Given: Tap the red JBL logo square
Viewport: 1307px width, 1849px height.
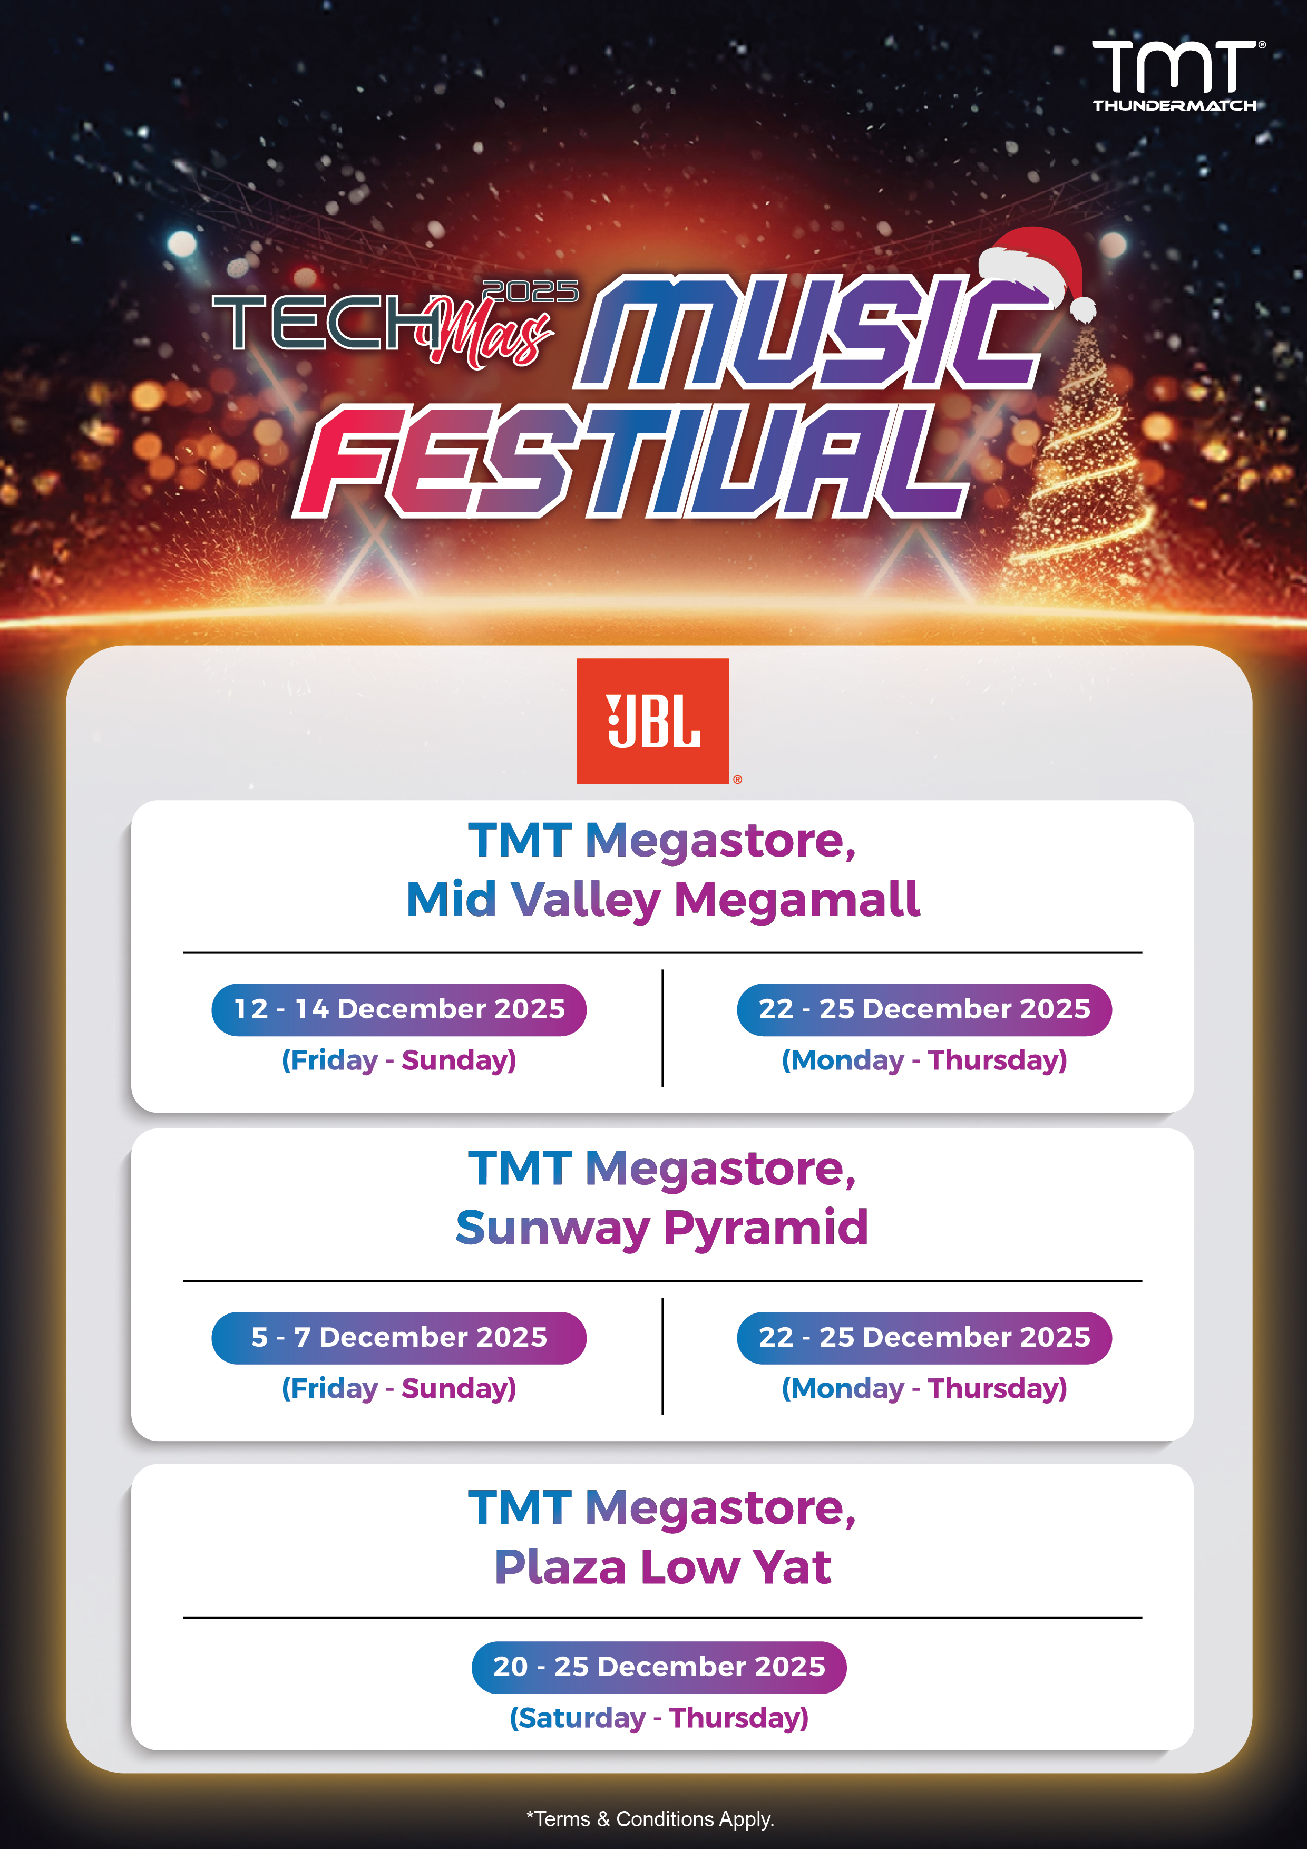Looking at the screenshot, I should [x=652, y=721].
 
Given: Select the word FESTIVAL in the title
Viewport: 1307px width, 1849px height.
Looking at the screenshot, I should [x=633, y=463].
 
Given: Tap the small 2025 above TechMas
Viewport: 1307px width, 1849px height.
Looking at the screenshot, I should [x=530, y=291].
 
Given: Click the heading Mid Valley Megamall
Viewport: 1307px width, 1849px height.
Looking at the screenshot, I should [x=662, y=900].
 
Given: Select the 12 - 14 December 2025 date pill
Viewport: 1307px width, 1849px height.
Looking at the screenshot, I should [x=398, y=1009].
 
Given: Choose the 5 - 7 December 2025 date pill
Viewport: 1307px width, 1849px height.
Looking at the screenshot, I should [x=398, y=1338].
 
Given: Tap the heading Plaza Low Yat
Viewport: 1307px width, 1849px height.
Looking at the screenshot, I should [x=662, y=1567].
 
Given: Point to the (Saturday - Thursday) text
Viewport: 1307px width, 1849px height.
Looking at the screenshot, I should [x=659, y=1718].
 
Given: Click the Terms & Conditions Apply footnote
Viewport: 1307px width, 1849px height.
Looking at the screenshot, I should [x=651, y=1819].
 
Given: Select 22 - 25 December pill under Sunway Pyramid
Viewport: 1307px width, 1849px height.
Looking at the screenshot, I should [x=924, y=1338].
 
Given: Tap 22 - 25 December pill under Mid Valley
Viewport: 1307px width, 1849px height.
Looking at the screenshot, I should [x=924, y=1009].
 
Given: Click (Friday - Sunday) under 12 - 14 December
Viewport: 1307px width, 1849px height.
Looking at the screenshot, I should [x=398, y=1060].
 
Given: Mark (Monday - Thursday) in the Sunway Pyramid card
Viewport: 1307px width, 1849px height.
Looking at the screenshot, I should [x=924, y=1388].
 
